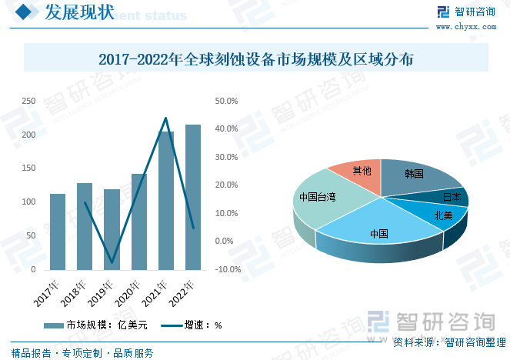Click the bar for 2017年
click(58, 232)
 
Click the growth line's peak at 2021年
click(165, 118)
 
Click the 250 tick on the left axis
click(28, 101)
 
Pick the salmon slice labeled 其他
click(359, 172)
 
